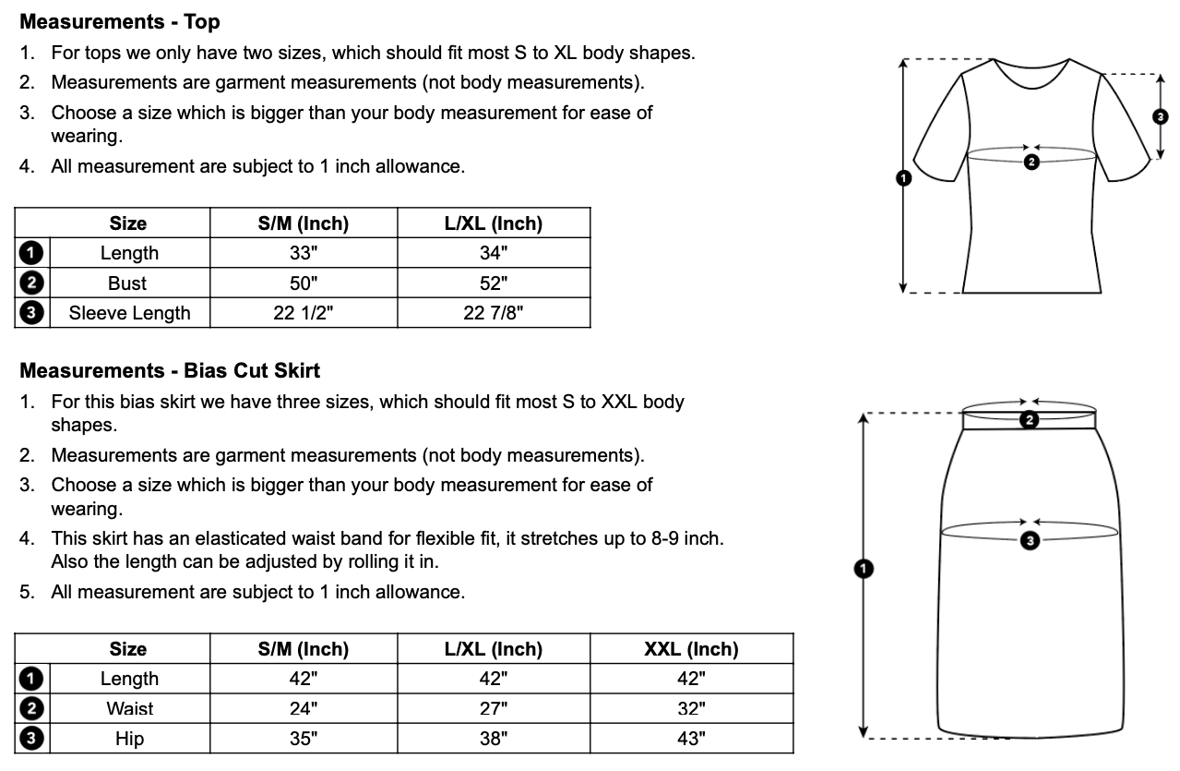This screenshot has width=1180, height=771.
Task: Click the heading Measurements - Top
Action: [x=120, y=21]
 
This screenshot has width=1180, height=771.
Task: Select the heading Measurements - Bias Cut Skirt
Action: [x=170, y=371]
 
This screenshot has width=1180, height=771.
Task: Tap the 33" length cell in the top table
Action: [x=304, y=253]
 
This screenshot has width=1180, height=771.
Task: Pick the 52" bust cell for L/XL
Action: [x=494, y=283]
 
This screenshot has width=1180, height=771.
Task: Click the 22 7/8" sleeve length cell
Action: [x=494, y=313]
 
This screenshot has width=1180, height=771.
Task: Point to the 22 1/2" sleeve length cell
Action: [x=304, y=313]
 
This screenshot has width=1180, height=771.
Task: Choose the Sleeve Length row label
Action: [x=129, y=313]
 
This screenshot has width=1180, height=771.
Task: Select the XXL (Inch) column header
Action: [x=691, y=649]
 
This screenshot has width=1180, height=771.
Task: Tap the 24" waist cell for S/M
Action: [x=304, y=709]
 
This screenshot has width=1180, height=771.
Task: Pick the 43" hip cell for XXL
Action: [x=691, y=739]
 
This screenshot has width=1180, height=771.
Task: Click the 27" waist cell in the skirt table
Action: [x=494, y=709]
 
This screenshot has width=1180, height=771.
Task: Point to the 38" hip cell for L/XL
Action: [x=494, y=739]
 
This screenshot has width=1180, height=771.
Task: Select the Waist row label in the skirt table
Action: [x=129, y=709]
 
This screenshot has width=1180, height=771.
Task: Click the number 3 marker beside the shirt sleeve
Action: [x=1161, y=116]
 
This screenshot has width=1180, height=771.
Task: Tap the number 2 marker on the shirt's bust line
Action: [x=1031, y=162]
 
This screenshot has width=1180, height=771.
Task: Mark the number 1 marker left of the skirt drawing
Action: [x=863, y=569]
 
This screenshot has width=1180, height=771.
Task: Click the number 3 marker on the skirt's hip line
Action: [x=1031, y=541]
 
